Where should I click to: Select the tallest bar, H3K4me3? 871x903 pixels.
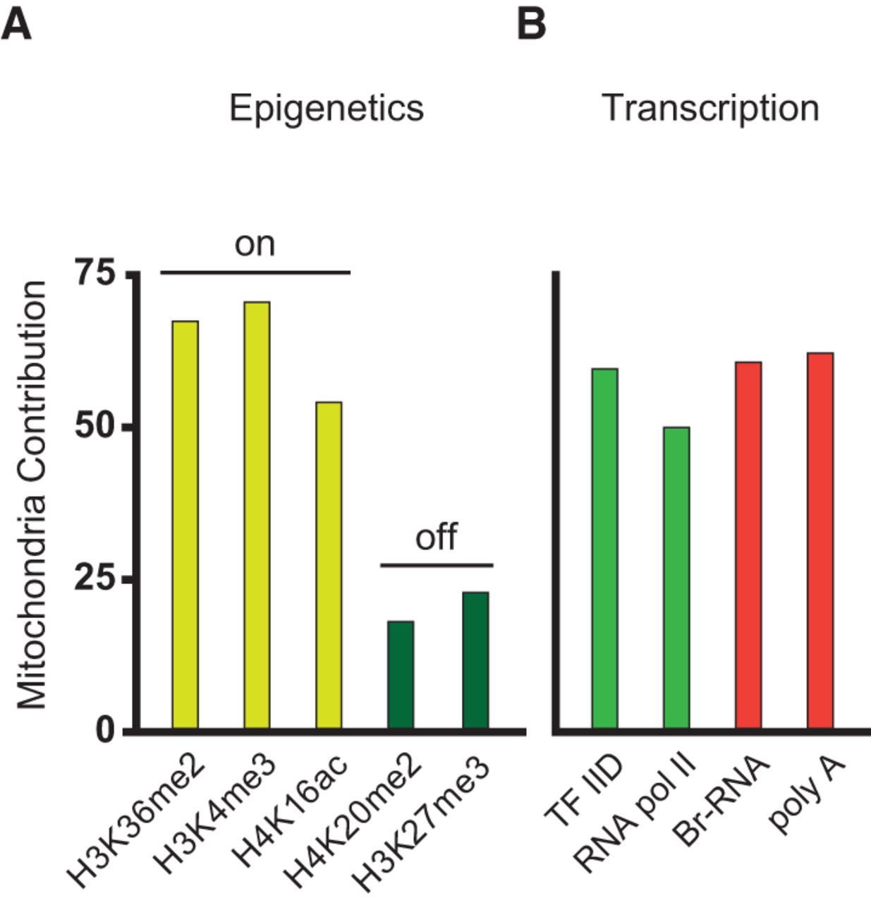point(257,515)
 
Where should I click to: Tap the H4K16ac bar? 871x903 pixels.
point(329,564)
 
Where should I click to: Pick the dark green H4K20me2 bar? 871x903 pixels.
point(401,674)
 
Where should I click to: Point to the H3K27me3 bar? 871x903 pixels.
point(475,660)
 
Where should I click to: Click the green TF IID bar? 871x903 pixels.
point(605,548)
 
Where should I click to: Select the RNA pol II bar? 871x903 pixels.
point(676,577)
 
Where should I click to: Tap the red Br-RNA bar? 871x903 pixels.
point(748,545)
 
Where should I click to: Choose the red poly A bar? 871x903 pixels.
point(820,540)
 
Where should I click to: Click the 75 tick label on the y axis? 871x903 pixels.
point(97,274)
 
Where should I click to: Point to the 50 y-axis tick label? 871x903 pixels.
point(97,428)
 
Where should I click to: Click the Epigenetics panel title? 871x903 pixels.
point(327,109)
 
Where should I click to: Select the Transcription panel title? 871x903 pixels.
point(710,109)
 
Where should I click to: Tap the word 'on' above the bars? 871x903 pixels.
point(255,245)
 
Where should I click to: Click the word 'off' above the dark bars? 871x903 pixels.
point(436,538)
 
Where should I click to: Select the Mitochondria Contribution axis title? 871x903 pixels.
point(32,494)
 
